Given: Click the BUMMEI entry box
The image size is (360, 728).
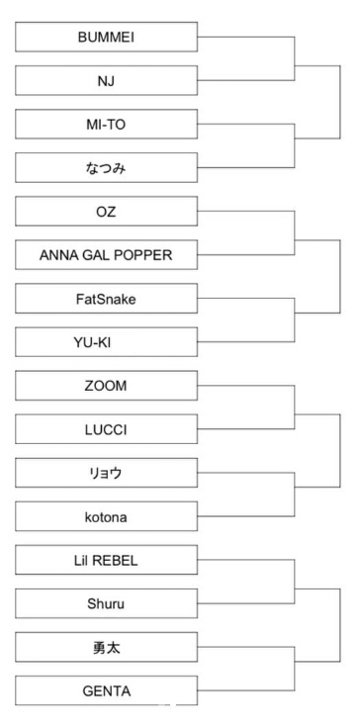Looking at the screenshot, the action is (x=107, y=39).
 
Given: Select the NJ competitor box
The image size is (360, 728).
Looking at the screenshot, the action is (x=107, y=82).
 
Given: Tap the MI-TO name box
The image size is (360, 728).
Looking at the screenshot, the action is (x=107, y=126).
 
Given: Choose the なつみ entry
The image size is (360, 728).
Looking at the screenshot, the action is (x=107, y=169).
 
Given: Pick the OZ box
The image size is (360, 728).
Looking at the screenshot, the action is (x=107, y=212).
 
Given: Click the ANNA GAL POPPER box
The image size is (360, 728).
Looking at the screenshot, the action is (x=107, y=255).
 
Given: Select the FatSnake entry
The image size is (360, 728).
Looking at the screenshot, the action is (x=107, y=299).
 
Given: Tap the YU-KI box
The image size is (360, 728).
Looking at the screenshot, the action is (x=107, y=342).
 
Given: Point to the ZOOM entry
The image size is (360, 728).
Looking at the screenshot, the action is (x=107, y=385).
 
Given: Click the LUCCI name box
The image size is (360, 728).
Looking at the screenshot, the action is (x=107, y=428).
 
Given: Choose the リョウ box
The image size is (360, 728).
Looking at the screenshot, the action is (x=107, y=472).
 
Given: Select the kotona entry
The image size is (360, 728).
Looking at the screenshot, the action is (x=107, y=515).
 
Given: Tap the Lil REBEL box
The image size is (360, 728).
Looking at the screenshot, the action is (x=107, y=559).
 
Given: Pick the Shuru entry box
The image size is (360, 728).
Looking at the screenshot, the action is (x=107, y=602).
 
